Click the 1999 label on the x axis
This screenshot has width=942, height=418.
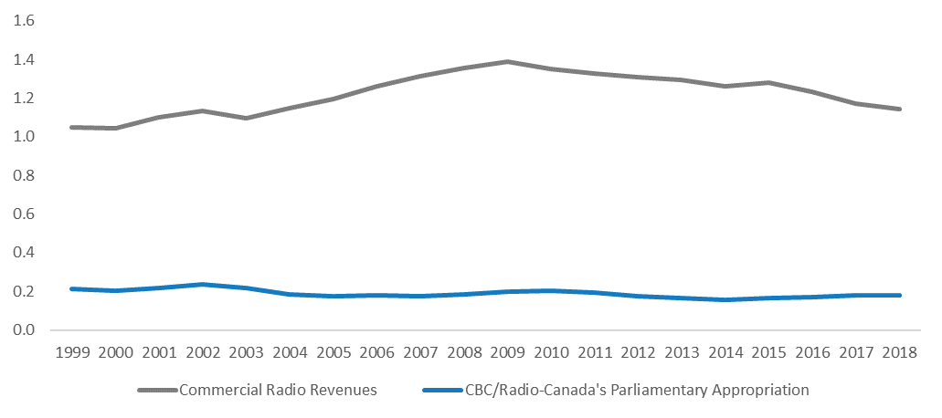click(72, 351)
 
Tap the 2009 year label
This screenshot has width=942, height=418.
click(508, 351)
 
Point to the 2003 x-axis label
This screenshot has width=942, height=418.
click(247, 351)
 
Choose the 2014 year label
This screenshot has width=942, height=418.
click(726, 351)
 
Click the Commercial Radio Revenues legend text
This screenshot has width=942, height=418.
click(277, 391)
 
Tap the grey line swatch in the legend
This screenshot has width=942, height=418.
click(156, 391)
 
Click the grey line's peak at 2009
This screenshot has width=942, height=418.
click(508, 61)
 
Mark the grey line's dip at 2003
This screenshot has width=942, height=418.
click(247, 118)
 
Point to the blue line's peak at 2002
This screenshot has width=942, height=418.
click(203, 284)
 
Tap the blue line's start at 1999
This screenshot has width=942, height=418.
click(72, 288)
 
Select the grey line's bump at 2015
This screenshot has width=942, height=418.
click(770, 82)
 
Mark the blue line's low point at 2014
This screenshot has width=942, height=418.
click(726, 299)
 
